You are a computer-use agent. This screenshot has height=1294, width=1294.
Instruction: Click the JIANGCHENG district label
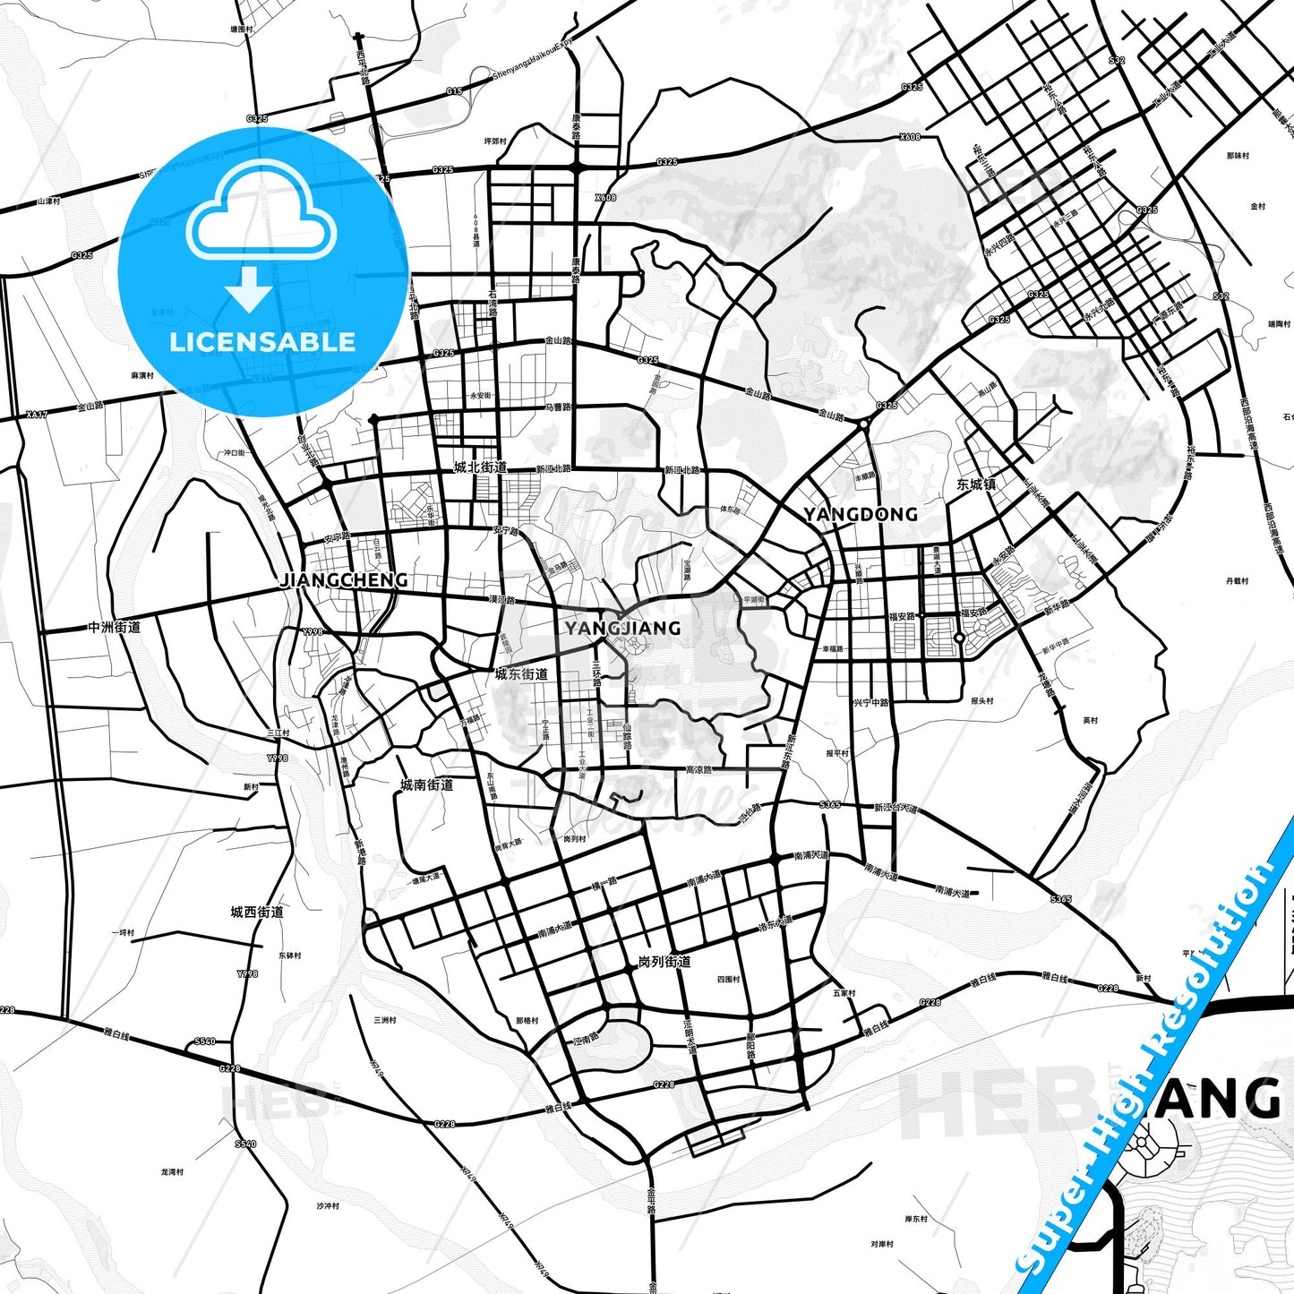(x=344, y=580)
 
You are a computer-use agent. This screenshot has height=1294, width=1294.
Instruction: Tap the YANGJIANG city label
(x=622, y=628)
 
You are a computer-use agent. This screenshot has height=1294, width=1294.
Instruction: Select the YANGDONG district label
(x=860, y=514)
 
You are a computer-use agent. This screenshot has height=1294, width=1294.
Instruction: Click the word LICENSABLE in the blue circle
(x=262, y=342)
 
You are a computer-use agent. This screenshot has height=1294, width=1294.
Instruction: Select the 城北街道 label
(x=480, y=467)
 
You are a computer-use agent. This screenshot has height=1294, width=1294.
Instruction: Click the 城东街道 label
(x=521, y=674)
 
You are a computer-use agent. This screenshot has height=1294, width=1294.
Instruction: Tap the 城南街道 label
(x=426, y=785)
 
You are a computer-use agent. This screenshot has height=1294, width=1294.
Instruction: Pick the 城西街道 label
(x=257, y=913)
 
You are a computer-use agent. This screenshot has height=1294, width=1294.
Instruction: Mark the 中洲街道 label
(x=114, y=627)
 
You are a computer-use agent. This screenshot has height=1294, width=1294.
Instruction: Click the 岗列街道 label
(x=664, y=962)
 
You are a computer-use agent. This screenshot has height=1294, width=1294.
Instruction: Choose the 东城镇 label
(x=976, y=484)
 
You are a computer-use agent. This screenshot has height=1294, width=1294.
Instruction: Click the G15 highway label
(x=454, y=91)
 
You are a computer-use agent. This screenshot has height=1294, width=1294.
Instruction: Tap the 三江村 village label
(x=279, y=733)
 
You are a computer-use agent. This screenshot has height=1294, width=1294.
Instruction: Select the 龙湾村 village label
(x=172, y=1171)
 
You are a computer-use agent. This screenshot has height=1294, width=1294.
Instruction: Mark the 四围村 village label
(x=729, y=980)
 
